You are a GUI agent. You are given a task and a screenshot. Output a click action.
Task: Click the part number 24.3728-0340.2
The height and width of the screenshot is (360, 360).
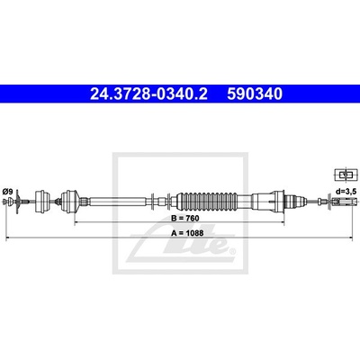click(x=148, y=94)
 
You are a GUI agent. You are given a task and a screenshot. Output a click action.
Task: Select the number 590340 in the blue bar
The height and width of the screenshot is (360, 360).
click(x=255, y=94)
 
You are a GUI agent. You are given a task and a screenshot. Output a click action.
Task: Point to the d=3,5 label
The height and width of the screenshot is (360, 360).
click(x=346, y=192)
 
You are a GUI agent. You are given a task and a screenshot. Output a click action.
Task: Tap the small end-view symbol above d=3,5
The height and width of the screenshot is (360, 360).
click(x=346, y=175)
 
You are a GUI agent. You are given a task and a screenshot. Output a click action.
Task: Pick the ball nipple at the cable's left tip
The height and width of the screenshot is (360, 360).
click(x=5, y=202)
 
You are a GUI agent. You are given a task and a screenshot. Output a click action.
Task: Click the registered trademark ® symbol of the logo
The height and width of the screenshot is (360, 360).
click(x=232, y=250)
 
